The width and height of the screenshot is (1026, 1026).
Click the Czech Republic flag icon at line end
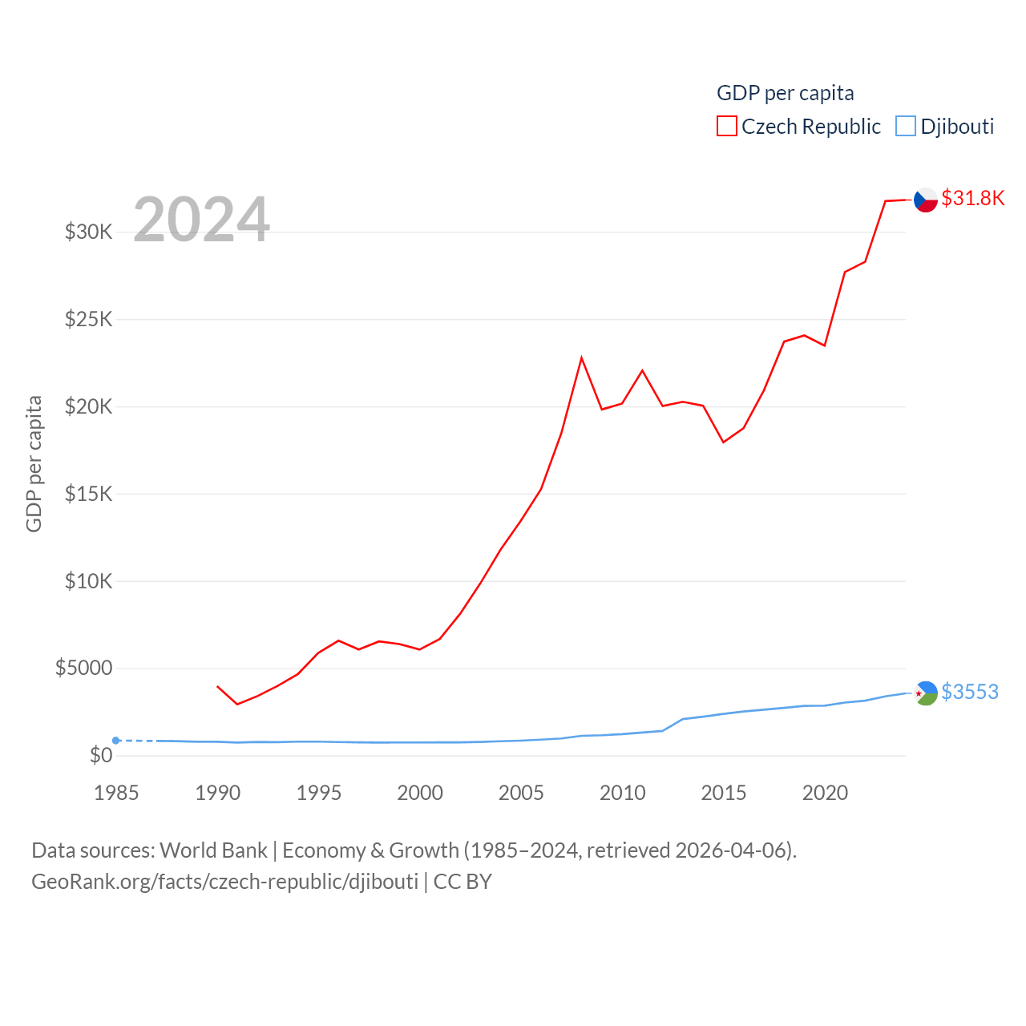926,200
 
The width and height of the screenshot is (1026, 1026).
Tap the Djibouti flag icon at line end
926,693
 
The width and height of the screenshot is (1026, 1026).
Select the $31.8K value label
972,198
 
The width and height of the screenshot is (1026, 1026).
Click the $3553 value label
970,692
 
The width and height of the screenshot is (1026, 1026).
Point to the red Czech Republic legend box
726,126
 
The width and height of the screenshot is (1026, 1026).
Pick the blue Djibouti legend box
906,126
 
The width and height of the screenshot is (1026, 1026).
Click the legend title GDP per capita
785,93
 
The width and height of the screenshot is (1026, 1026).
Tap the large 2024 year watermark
201,219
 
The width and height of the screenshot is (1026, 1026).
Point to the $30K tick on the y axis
88,232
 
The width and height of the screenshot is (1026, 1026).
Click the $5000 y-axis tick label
83,669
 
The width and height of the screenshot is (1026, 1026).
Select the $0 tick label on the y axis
101,755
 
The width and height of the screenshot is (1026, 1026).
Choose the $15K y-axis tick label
88,494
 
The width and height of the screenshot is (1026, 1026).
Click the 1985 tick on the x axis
116,793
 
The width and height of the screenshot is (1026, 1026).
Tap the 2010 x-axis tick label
622,793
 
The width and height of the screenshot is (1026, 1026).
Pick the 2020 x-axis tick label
825,793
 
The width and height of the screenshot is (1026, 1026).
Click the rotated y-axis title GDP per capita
34,463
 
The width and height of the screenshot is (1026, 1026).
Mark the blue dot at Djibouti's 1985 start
116,741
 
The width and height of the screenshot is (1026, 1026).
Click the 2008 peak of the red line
581,357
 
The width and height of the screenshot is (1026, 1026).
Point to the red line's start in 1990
217,686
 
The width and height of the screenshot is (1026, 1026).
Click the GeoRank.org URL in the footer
224,882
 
